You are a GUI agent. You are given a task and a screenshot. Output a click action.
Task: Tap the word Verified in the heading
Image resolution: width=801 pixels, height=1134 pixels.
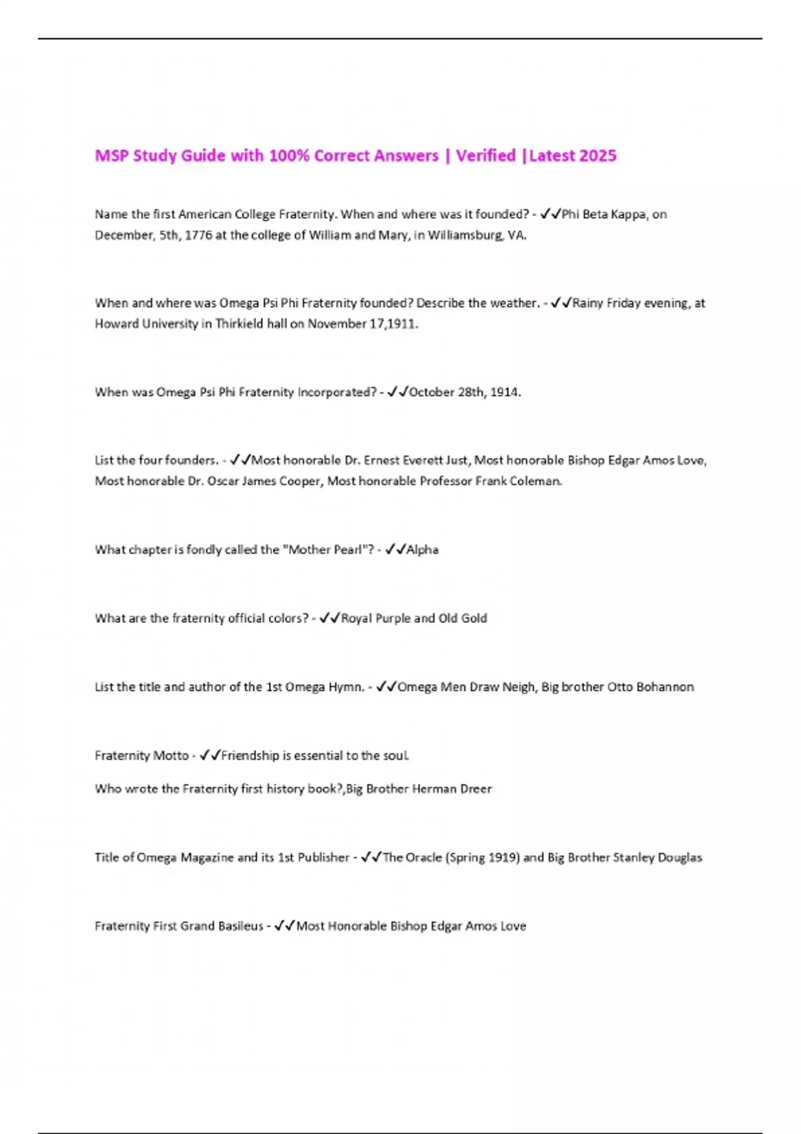[x=486, y=156]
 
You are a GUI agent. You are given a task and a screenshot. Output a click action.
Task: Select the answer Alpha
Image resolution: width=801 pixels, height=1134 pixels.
[x=423, y=550]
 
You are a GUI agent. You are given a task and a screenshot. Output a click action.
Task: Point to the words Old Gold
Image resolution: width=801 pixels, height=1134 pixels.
[x=463, y=618]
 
